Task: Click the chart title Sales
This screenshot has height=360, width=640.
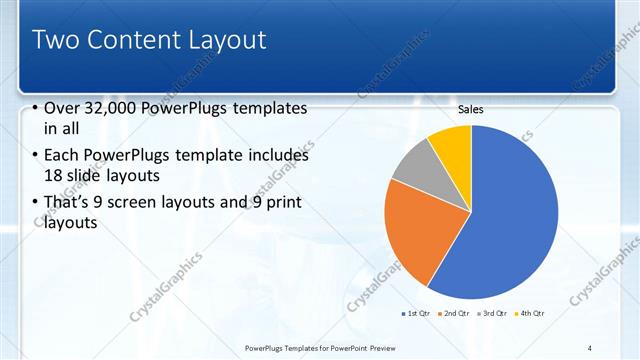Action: pos(471,110)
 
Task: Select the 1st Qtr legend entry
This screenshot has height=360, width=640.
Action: pos(417,314)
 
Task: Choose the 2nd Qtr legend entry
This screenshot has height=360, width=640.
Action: pos(455,314)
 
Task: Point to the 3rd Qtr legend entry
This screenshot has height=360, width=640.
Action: pos(493,314)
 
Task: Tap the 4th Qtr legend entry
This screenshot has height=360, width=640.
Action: pos(530,314)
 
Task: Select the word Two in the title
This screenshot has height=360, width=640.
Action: pos(55,41)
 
